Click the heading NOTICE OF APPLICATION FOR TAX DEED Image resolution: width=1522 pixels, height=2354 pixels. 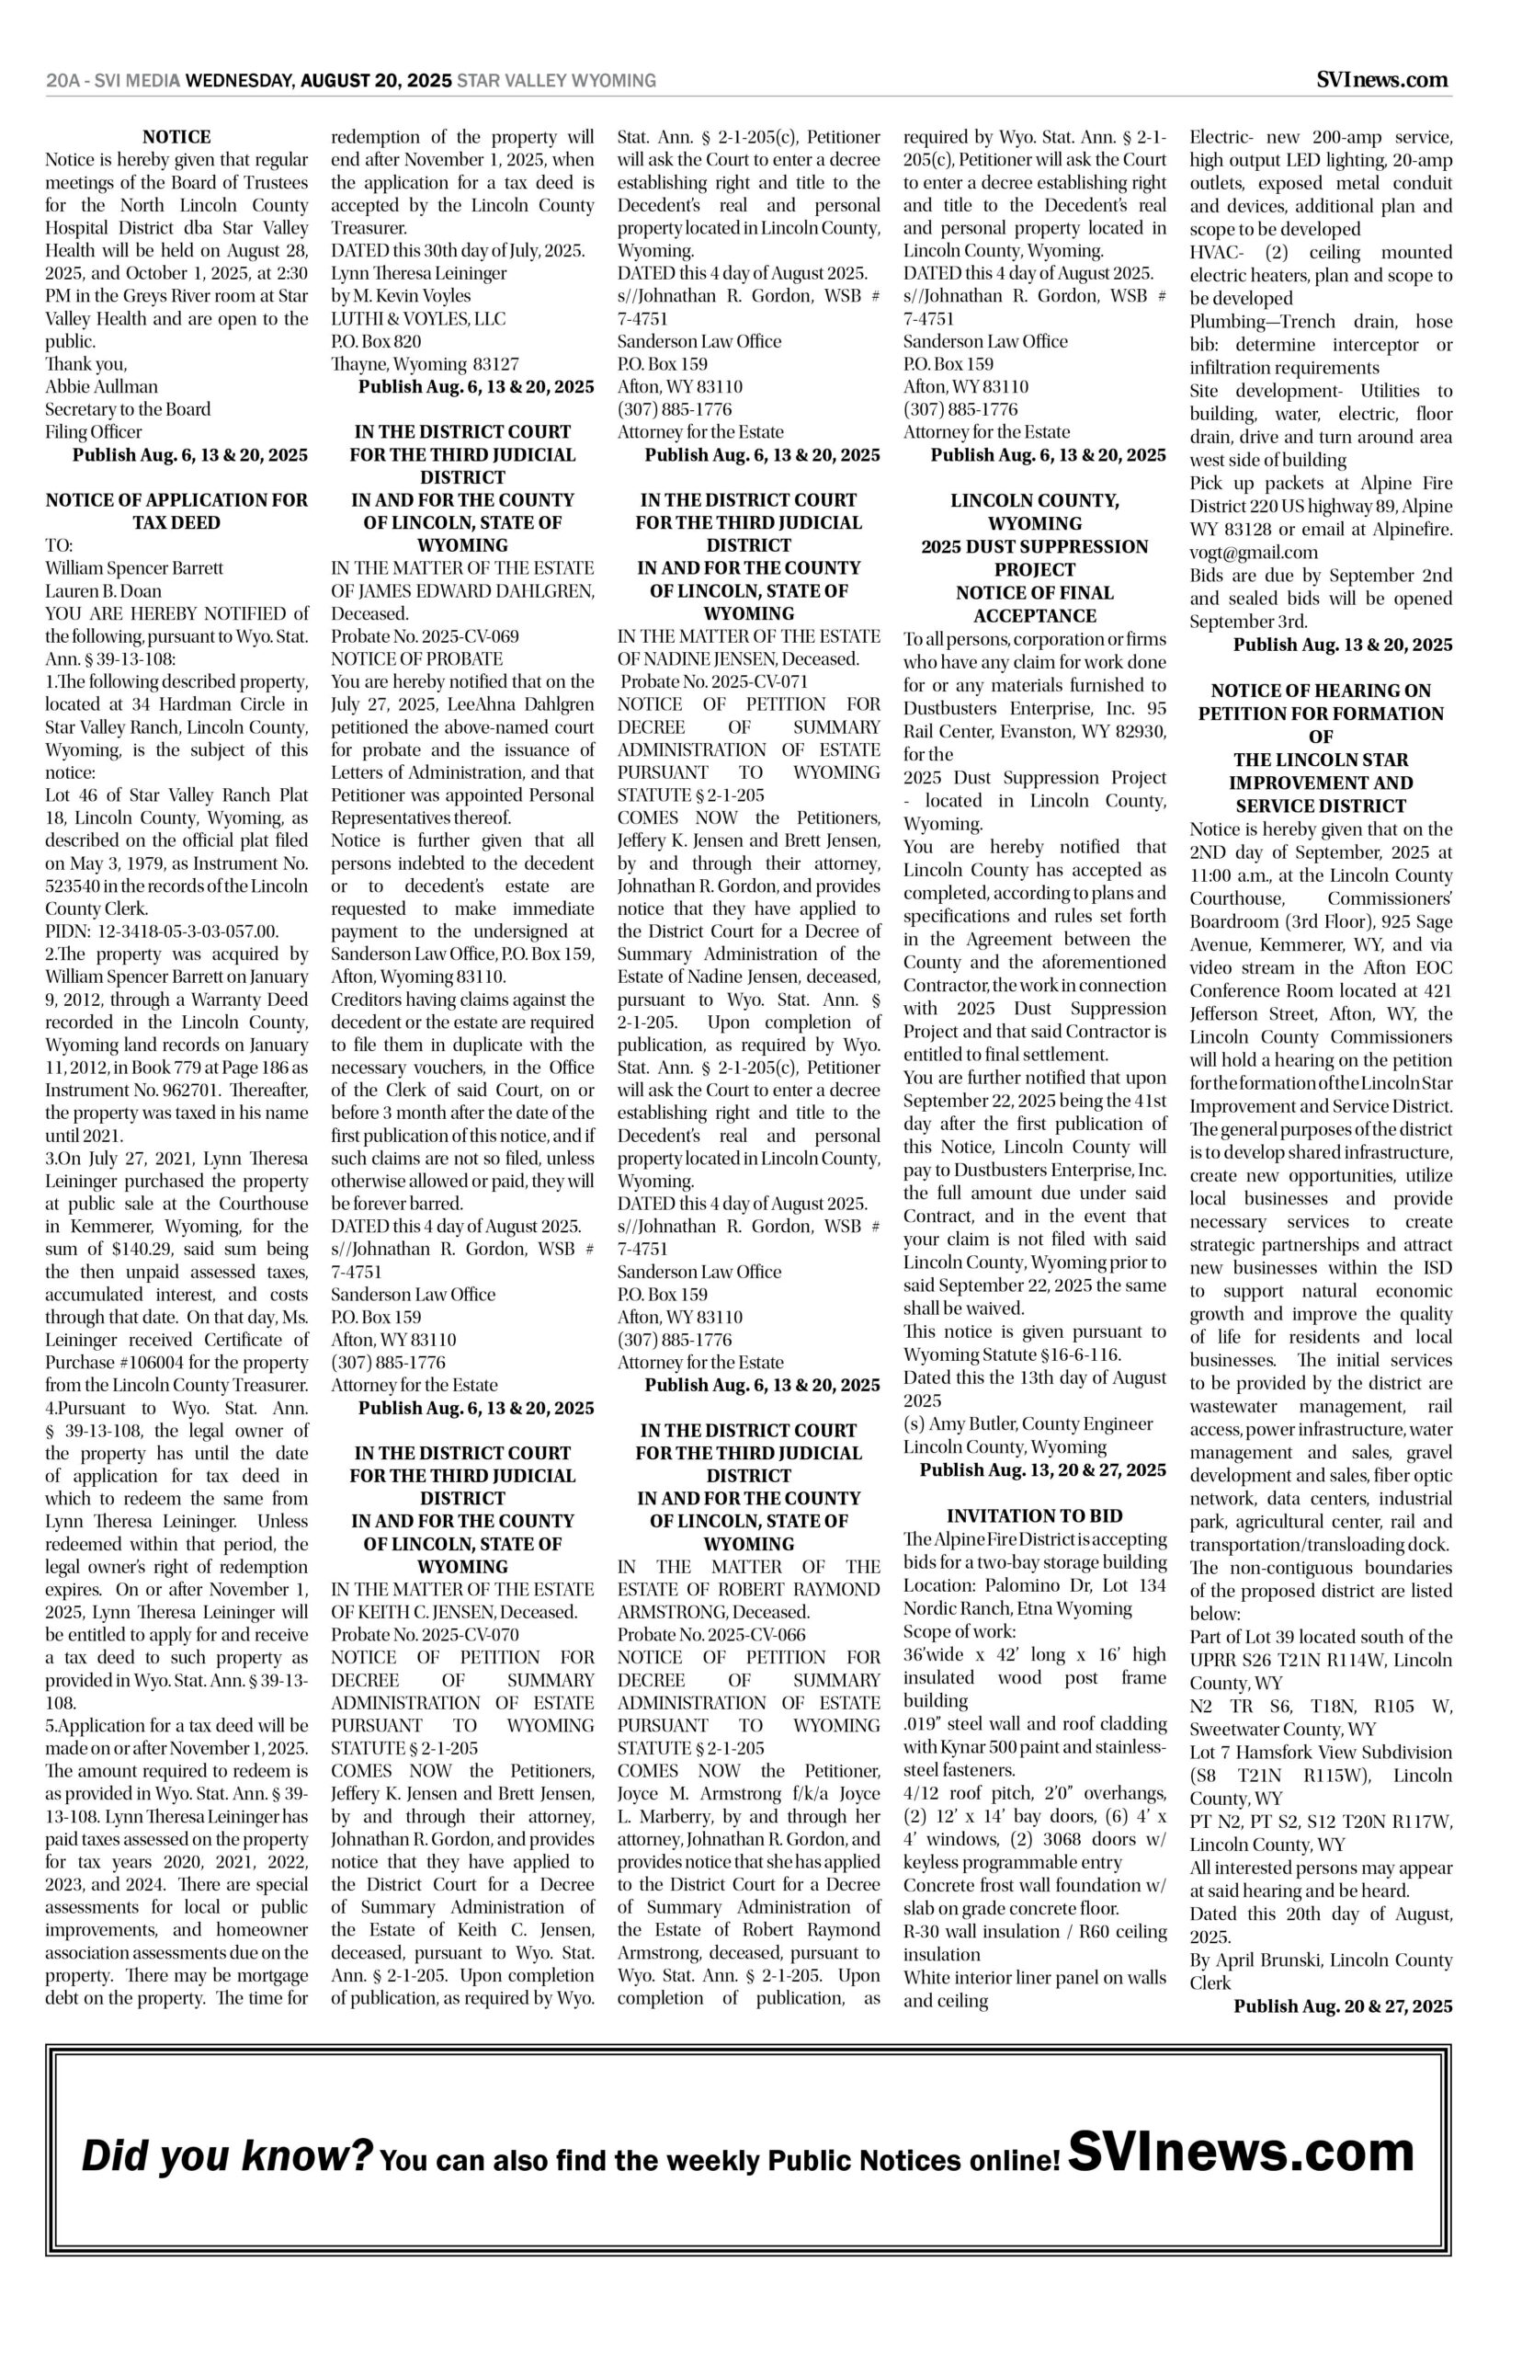pyautogui.click(x=176, y=511)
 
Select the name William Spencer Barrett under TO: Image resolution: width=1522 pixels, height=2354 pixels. pyautogui.click(x=134, y=567)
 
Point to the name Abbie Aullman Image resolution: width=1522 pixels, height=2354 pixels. pyautogui.click(x=102, y=385)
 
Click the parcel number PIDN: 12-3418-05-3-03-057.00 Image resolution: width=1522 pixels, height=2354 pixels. pyautogui.click(x=162, y=931)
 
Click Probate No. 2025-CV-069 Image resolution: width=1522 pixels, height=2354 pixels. pyautogui.click(x=425, y=635)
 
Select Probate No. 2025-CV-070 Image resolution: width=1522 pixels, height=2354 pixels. pyautogui.click(x=425, y=1634)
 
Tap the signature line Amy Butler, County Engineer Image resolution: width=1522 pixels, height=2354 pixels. pyautogui.click(x=1028, y=1423)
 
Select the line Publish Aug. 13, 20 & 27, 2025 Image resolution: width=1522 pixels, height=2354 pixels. pyautogui.click(x=1042, y=1470)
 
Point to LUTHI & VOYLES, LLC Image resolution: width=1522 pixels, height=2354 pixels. pyautogui.click(x=418, y=318)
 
